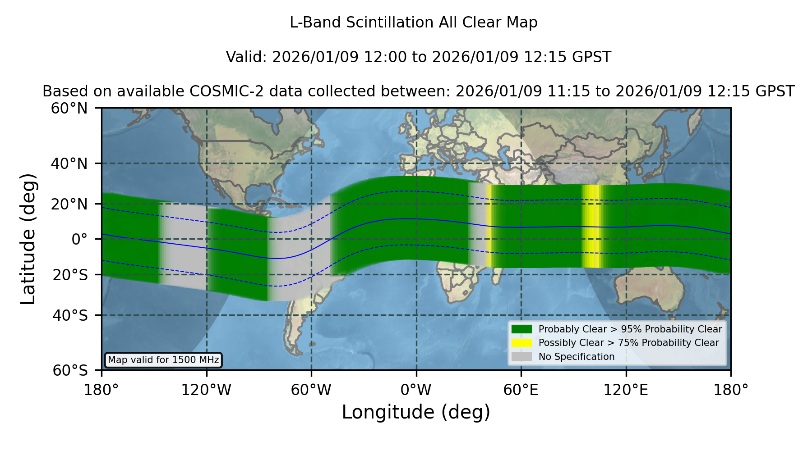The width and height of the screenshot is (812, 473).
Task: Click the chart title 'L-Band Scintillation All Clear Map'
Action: [414, 23]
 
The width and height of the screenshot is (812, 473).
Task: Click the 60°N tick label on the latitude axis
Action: [69, 109]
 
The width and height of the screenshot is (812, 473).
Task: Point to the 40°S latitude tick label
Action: [70, 315]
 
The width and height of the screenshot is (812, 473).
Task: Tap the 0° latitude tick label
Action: [79, 239]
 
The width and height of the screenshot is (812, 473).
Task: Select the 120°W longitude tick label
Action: [206, 390]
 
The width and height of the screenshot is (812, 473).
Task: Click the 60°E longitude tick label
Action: [521, 390]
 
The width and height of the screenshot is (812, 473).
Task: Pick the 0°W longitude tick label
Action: [416, 390]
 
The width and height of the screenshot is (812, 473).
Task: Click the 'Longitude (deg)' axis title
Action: [416, 412]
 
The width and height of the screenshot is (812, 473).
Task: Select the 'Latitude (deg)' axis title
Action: [28, 239]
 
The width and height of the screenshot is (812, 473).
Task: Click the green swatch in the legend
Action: [522, 329]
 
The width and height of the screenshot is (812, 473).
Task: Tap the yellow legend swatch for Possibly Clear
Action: [522, 343]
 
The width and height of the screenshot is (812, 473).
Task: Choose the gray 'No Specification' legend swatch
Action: [522, 357]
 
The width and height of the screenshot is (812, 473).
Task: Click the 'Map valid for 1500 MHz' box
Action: [163, 360]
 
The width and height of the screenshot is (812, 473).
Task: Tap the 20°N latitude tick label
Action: [69, 204]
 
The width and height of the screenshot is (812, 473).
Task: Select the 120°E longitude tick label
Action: [626, 390]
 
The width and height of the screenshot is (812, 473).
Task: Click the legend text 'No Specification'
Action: [577, 357]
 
